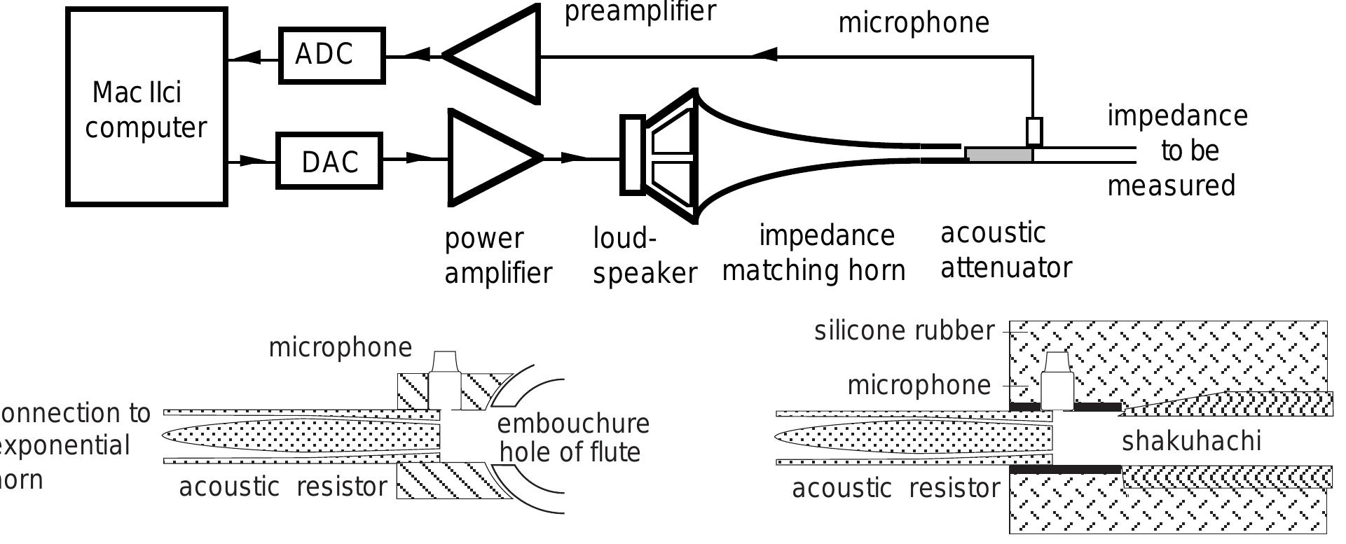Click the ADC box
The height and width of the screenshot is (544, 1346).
[331, 56]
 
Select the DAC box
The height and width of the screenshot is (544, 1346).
[329, 161]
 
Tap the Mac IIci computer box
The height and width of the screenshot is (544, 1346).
[146, 107]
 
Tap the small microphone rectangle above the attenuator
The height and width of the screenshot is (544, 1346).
[1033, 132]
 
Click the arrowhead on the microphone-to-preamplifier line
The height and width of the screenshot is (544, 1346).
[765, 53]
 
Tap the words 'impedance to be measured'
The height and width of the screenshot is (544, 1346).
[1177, 151]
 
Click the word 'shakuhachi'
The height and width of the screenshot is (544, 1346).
[1191, 441]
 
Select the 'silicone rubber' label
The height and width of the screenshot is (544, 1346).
[904, 330]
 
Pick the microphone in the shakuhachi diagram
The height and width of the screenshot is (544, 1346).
[1057, 382]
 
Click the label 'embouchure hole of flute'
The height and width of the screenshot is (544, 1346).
[572, 438]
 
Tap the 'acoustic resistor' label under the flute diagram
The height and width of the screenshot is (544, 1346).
[282, 487]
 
